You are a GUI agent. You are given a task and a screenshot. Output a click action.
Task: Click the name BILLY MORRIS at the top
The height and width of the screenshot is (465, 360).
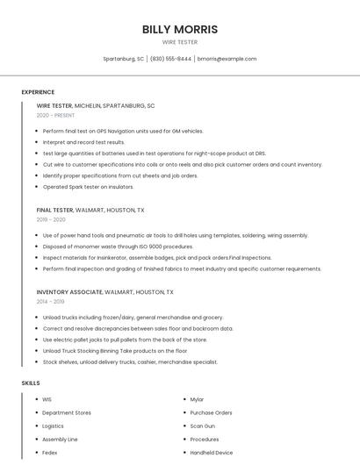tap(180, 30)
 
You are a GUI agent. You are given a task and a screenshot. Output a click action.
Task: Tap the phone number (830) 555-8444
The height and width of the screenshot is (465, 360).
tap(170, 59)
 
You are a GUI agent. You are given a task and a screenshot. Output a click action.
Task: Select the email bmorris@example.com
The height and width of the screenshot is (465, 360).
tap(227, 59)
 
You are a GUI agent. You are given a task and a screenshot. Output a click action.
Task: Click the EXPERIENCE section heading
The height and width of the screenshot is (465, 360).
tap(38, 92)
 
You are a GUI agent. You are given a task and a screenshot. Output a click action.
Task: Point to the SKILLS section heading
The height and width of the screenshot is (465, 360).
tap(31, 383)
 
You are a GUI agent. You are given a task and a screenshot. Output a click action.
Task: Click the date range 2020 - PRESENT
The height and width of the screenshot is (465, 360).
tap(55, 115)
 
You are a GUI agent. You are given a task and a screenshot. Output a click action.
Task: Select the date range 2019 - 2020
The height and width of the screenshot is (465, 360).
tap(51, 219)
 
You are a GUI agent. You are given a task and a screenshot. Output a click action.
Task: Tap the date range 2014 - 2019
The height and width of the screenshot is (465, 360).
tap(50, 301)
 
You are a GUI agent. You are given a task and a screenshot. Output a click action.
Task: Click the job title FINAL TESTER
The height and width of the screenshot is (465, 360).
tap(54, 211)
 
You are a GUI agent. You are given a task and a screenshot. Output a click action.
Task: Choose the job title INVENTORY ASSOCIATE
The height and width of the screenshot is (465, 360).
tap(68, 291)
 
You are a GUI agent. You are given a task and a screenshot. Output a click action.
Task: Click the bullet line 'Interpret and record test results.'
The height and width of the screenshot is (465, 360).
tap(83, 142)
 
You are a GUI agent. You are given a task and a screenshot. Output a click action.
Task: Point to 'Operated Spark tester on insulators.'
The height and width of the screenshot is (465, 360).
tap(88, 186)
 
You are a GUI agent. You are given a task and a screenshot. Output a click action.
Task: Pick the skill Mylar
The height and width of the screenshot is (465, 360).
tap(197, 399)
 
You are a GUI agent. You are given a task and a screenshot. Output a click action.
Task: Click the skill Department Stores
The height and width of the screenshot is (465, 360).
tap(67, 412)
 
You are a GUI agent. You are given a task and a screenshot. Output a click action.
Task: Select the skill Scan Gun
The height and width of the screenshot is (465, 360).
tap(203, 426)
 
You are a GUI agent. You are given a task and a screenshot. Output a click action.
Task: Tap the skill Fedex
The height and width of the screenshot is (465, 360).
tap(49, 453)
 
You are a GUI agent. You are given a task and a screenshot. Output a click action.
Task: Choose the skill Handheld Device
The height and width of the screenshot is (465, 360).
tap(212, 453)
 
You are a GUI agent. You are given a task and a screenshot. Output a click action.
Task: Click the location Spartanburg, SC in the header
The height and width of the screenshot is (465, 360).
tap(123, 59)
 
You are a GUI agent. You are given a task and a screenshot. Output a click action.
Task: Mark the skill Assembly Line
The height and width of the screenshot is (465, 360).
tap(60, 439)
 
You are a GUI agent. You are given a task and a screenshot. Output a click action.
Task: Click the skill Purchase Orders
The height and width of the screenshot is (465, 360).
tap(211, 412)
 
